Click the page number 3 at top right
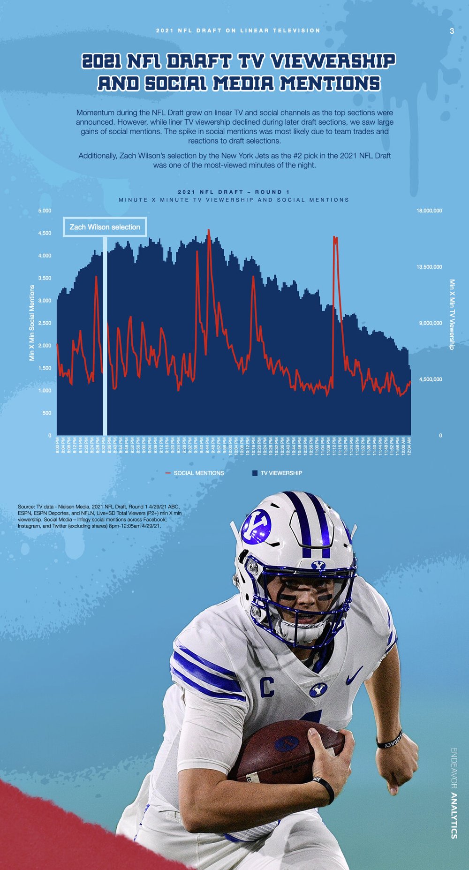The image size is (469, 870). [452, 31]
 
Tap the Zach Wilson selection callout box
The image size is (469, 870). [105, 227]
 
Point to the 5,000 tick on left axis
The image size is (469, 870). [45, 211]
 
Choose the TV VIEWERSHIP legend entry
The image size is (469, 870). [281, 473]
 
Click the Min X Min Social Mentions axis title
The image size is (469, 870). [32, 323]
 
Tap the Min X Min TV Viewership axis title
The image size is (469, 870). [452, 314]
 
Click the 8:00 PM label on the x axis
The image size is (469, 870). [58, 446]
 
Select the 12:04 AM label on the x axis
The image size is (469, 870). [409, 446]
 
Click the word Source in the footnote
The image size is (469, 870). [26, 507]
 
